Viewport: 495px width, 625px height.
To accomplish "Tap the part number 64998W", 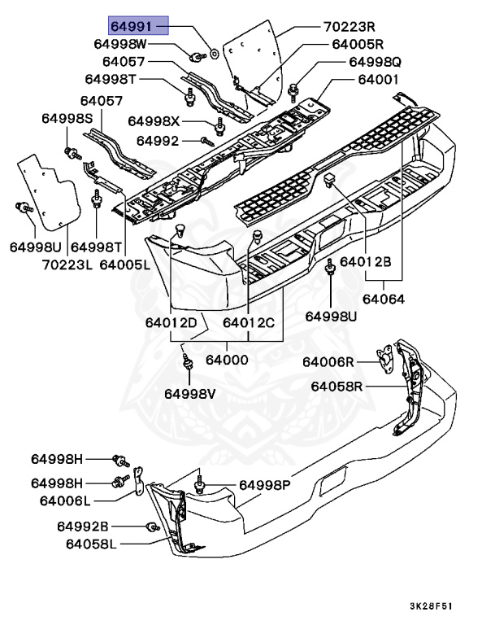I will [x=119, y=44].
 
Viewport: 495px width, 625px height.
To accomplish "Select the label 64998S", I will [x=68, y=119].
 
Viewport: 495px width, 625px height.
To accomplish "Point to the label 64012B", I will [x=366, y=262].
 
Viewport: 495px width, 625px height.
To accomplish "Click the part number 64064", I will [x=389, y=299].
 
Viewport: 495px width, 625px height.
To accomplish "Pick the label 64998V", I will [x=191, y=394].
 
